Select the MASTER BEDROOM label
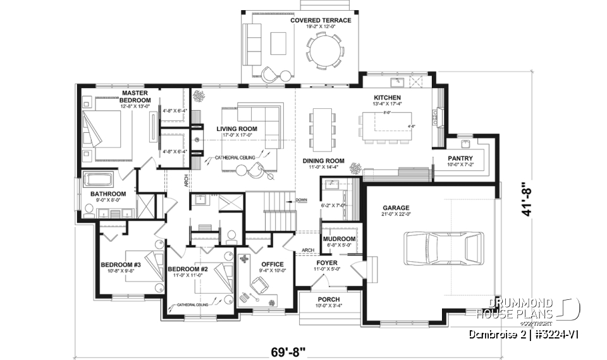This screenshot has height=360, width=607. [x=135, y=96]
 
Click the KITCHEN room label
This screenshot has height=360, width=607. [x=383, y=97]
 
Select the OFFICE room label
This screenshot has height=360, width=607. [x=272, y=264]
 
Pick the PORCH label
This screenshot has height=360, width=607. [x=329, y=299]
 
